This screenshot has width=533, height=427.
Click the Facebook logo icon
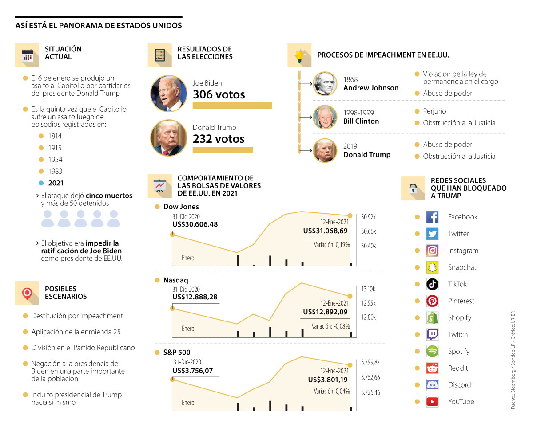pos(432,217)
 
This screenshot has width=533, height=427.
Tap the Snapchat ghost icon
pos(432,267)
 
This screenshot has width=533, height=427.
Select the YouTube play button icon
pos(432,402)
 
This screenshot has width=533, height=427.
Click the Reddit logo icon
pos(432,368)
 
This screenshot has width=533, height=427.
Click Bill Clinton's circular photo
pos(325,117)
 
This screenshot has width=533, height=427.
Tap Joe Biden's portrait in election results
pos(169,93)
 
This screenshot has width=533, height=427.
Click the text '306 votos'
pos(219,94)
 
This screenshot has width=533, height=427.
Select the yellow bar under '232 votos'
pos(223,150)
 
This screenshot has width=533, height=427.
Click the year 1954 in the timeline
pos(55,160)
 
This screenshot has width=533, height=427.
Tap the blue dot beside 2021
pos(41,183)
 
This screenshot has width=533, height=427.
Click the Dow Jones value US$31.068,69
pos(325,231)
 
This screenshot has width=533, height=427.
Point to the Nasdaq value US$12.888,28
pos(195,297)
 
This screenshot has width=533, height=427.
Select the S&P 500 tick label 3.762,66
pos(370,377)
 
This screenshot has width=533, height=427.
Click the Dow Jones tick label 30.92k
pos(369,217)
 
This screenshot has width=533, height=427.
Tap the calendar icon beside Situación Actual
pos(28,55)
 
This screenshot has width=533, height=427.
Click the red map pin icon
pos(28,293)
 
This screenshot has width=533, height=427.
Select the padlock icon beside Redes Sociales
pos(413,188)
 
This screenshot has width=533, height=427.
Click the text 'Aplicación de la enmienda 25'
pos(76,332)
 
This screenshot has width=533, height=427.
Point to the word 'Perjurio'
pos(434,111)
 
